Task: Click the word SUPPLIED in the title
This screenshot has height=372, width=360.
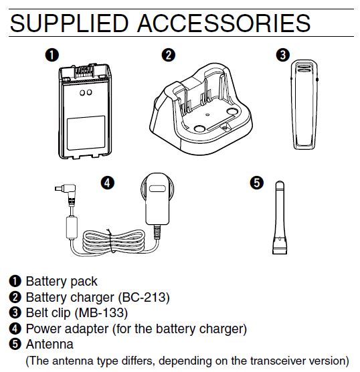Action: click(70, 23)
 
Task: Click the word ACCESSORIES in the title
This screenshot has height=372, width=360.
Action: click(223, 23)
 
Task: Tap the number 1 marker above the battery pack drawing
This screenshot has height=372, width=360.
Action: click(52, 55)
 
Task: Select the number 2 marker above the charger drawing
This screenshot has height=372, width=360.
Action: click(169, 55)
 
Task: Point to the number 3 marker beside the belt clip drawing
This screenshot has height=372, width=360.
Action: click(283, 55)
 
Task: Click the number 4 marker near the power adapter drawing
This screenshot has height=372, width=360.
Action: click(108, 183)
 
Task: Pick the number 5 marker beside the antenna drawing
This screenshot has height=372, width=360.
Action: click(257, 183)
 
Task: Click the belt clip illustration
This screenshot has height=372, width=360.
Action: click(304, 104)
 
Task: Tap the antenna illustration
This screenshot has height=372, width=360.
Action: click(280, 217)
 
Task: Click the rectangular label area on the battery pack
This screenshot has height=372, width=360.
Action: click(86, 133)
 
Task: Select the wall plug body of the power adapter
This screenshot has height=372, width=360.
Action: click(157, 199)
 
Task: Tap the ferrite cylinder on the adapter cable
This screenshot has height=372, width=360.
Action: click(72, 227)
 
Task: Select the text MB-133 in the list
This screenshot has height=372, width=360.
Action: click(101, 312)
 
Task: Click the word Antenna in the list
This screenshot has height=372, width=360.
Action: click(50, 344)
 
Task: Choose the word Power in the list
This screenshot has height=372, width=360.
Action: click(43, 329)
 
